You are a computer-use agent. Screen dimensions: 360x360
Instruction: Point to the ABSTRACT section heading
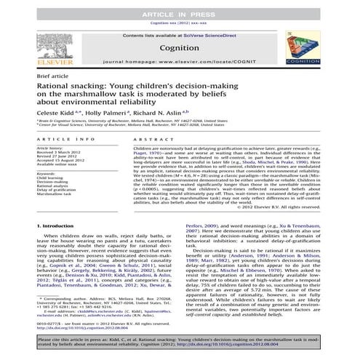coord(150,159)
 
